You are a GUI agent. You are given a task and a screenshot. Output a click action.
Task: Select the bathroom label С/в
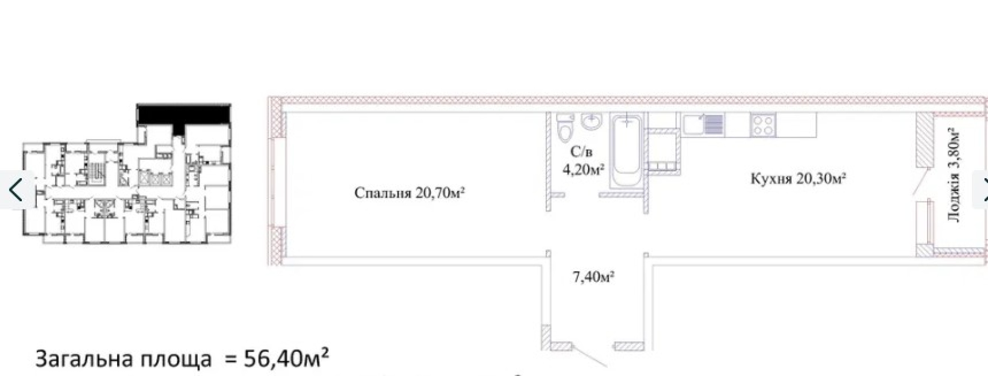pyautogui.click(x=581, y=152)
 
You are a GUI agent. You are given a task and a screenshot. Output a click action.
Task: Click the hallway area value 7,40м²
pyautogui.click(x=594, y=277)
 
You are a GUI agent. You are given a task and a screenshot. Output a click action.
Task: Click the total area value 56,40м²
pyautogui.click(x=286, y=358)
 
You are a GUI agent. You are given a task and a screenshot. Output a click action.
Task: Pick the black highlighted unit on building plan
pyautogui.click(x=184, y=117)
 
